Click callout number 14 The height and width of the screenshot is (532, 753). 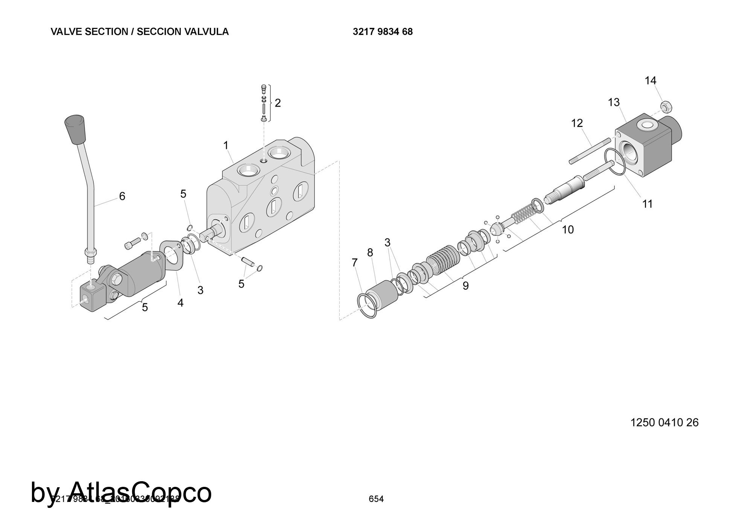click(650, 81)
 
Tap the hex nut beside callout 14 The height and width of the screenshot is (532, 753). click(665, 107)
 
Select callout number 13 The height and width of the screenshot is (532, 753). click(614, 102)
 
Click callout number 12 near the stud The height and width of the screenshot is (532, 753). click(577, 123)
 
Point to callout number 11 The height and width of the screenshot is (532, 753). click(647, 204)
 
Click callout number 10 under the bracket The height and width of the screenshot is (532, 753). click(568, 230)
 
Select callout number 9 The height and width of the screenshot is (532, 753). click(466, 286)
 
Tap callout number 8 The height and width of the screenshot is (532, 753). click(370, 253)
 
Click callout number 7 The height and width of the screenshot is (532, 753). click(354, 263)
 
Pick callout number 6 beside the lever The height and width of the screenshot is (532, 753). click(122, 196)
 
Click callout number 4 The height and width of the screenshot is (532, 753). click(180, 302)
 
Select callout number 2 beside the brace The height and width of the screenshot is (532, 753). click(278, 103)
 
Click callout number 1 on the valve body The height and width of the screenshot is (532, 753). click(226, 145)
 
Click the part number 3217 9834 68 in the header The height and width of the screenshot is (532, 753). click(383, 32)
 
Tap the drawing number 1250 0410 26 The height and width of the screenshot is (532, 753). click(665, 423)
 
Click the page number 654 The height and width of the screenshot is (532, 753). click(376, 499)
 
